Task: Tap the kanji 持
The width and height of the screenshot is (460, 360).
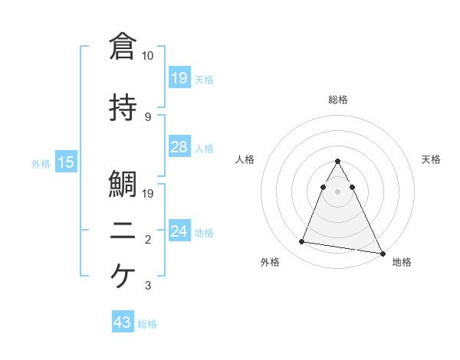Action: (123, 108)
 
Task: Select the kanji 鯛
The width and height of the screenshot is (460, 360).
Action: (123, 185)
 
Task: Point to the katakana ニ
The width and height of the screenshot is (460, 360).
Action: (123, 232)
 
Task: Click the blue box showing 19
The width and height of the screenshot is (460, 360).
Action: (179, 78)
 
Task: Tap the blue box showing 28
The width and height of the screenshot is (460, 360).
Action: (179, 147)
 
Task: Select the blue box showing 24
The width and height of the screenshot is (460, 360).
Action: (179, 231)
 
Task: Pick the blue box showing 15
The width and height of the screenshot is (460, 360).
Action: (66, 162)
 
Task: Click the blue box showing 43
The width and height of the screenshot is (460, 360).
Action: (123, 323)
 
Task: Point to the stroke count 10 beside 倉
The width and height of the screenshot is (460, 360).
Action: (147, 57)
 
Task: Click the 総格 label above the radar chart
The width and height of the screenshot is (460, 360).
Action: (337, 100)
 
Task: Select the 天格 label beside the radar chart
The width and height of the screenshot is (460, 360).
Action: (431, 159)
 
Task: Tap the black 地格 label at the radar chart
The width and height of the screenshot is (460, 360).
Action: (402, 262)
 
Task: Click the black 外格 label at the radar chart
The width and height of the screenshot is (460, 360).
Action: (270, 262)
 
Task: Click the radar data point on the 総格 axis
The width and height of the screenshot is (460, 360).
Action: (337, 162)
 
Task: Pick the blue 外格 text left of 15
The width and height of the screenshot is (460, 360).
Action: (41, 163)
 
